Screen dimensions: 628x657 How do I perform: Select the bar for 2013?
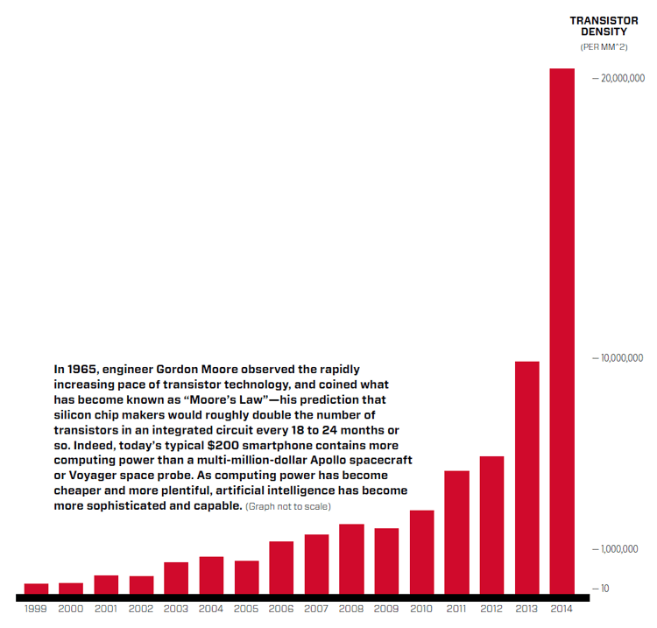click(x=526, y=477)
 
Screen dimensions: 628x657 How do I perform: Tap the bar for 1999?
click(x=36, y=589)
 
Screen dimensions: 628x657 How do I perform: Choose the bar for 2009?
click(x=386, y=561)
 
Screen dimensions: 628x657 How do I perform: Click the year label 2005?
click(x=246, y=608)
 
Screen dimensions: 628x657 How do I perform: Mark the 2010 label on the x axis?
click(x=421, y=608)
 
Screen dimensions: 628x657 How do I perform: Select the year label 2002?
click(x=141, y=608)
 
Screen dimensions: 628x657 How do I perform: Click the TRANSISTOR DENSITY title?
click(x=604, y=25)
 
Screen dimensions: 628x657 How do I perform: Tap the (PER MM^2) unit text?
click(x=604, y=46)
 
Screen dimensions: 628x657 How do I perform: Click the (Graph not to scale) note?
click(x=288, y=507)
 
